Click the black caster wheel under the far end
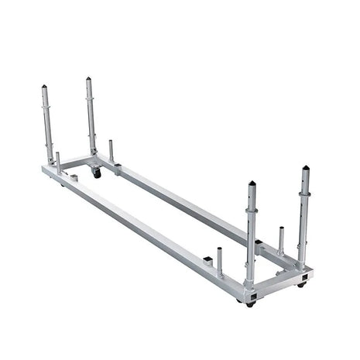97,173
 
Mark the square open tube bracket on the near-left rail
209,258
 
